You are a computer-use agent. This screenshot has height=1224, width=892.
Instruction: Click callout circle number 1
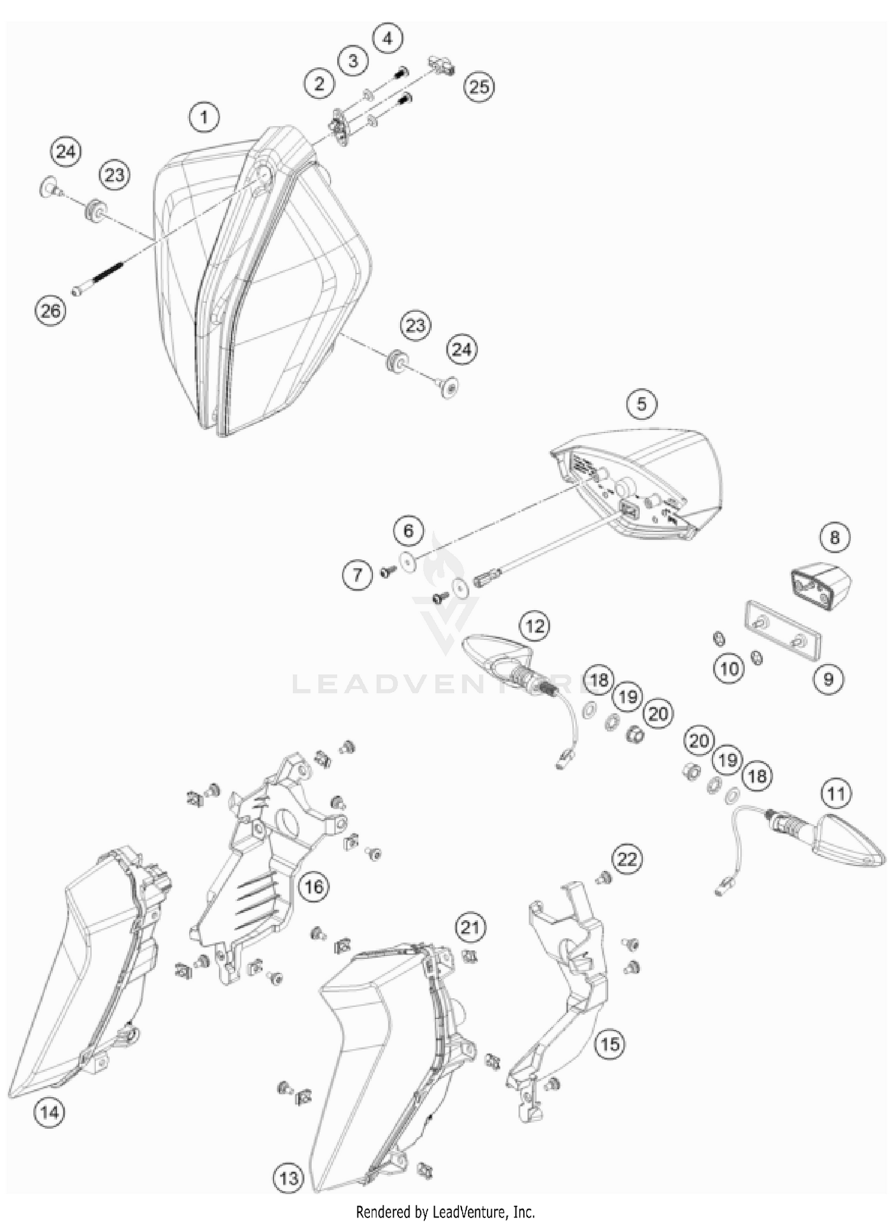coord(204,117)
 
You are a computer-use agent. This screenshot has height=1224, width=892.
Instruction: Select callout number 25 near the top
coord(479,87)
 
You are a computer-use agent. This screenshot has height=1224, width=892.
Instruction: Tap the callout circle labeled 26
coord(51,310)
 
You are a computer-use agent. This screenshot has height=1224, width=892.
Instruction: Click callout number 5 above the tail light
coord(641,404)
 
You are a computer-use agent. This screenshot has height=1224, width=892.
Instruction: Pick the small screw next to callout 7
coord(387,572)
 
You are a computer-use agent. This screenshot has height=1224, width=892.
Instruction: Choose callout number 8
coord(834,538)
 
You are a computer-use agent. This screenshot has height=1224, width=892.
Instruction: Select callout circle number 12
coord(535,626)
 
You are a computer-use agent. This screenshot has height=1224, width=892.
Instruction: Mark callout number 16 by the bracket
coord(313,887)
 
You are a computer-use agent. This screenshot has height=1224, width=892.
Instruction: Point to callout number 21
coord(470,927)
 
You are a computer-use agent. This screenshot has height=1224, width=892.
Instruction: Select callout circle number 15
coord(610,1044)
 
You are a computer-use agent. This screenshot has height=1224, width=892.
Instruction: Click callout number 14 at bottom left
coord(49,1112)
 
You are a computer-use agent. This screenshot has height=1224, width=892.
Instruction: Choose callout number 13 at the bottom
coord(288,1178)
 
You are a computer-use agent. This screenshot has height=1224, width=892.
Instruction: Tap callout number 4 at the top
coord(387,39)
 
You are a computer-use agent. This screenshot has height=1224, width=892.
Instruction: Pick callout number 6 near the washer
coord(408,531)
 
